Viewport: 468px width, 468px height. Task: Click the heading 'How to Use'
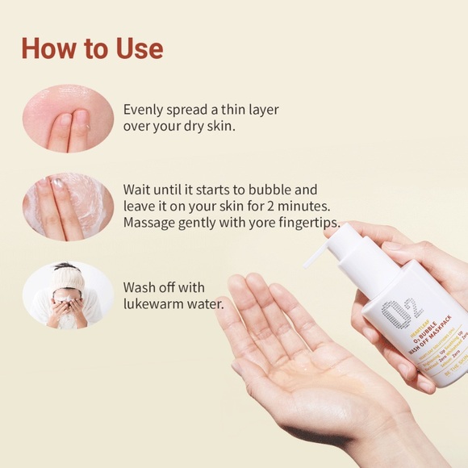tap(92, 48)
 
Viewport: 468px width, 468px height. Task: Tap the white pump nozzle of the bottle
tap(323, 246)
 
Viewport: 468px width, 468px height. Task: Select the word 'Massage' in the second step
tap(151, 223)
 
